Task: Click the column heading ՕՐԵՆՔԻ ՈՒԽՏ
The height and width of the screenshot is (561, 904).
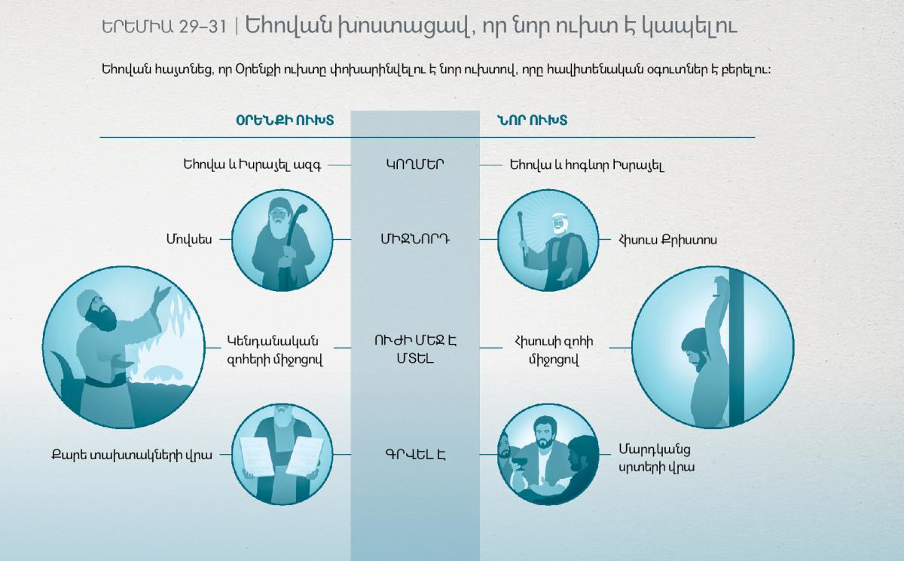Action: click(x=285, y=121)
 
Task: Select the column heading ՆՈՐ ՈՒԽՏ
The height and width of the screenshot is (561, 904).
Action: click(x=532, y=121)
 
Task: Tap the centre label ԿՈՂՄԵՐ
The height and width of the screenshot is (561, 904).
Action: click(x=415, y=165)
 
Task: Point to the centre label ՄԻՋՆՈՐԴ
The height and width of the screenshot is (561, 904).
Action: click(x=415, y=239)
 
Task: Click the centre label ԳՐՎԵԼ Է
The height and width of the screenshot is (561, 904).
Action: click(x=415, y=455)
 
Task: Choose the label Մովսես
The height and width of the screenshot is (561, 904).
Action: click(x=189, y=239)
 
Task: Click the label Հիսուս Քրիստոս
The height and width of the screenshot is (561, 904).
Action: click(x=667, y=240)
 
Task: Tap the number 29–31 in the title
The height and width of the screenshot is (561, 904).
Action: click(x=203, y=27)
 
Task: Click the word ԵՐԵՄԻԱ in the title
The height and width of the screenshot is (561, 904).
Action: click(x=137, y=27)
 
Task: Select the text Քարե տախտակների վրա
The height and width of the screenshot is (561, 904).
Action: click(x=132, y=455)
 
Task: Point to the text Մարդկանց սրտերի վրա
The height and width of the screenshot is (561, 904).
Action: click(x=657, y=458)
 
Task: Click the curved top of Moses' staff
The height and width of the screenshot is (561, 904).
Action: click(x=301, y=211)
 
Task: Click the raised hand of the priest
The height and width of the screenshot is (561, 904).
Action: click(x=163, y=293)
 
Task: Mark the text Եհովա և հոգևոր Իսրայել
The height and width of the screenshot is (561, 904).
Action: click(x=587, y=165)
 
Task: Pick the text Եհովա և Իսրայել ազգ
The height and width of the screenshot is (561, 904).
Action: click(x=252, y=165)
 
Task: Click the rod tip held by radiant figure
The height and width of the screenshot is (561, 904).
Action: click(x=520, y=215)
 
